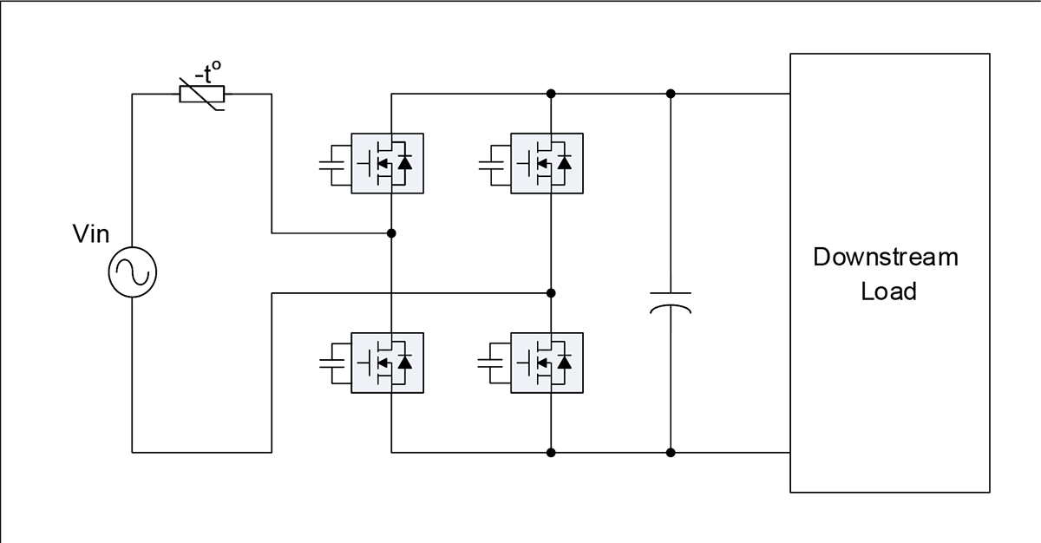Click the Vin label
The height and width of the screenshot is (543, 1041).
point(90,233)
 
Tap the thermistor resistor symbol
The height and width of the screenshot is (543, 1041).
point(202,94)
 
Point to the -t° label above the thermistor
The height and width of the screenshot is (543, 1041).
point(207,73)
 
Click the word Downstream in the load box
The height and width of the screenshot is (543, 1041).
point(886,257)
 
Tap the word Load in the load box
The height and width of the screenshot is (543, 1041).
point(888,291)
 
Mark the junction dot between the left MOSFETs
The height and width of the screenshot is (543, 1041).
point(391,233)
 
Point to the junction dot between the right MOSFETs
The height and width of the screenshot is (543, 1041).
point(551,293)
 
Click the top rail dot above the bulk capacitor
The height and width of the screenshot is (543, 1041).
point(670,94)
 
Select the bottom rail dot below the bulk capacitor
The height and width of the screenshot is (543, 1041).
point(670,453)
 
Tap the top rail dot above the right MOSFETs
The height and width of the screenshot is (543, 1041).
point(551,94)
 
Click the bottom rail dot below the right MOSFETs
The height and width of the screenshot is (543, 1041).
point(551,453)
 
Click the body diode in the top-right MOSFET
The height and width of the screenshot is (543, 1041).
point(564,162)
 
